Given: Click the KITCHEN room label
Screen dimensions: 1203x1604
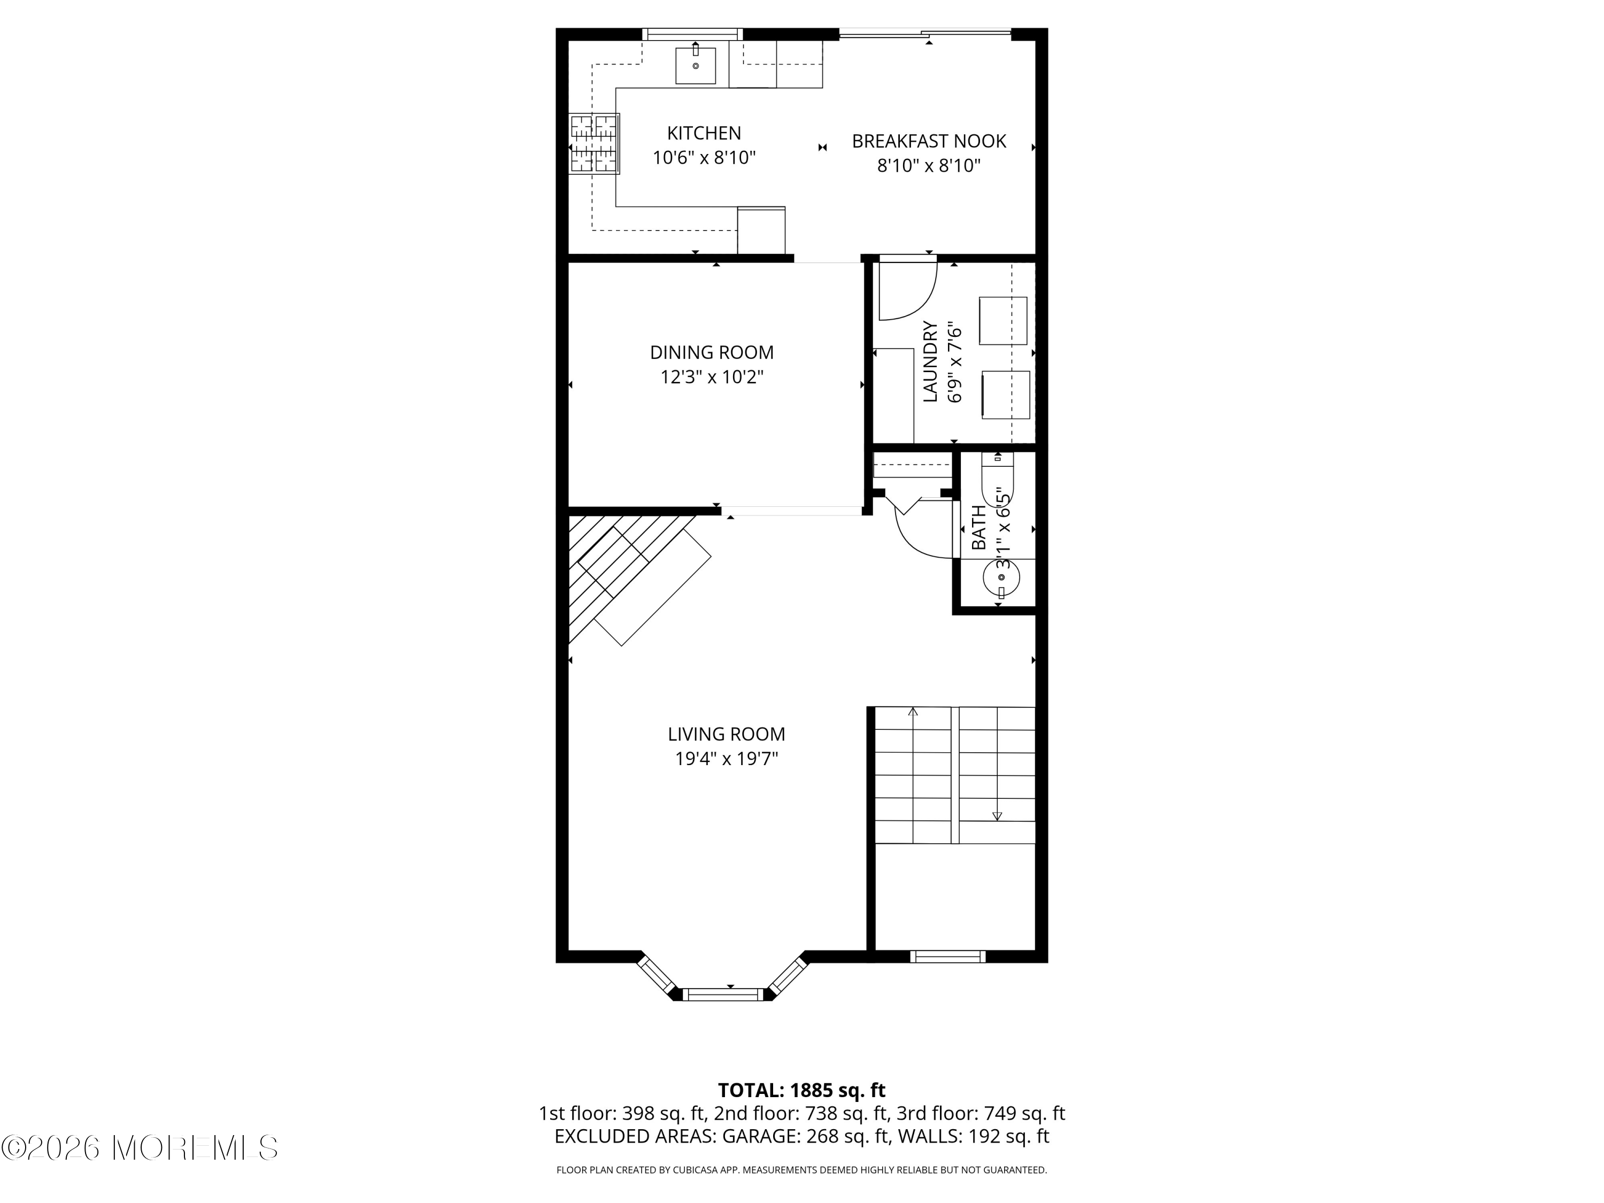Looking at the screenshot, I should [x=704, y=134].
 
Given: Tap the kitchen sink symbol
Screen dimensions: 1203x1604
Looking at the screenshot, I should [x=696, y=66].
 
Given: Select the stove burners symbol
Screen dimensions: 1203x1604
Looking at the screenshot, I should [x=594, y=144].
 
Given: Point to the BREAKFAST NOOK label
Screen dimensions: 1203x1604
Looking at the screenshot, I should [x=928, y=141].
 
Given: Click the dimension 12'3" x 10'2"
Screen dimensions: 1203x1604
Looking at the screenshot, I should [x=711, y=377].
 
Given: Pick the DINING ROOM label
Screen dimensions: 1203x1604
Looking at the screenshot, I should [x=711, y=352].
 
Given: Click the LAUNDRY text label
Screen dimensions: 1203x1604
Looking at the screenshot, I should [x=930, y=361].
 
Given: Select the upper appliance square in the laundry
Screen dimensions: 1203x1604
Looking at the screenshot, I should [x=1003, y=320].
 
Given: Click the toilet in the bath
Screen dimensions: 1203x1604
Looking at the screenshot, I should [x=998, y=479].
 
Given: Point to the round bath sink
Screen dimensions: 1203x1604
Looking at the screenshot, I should [x=1001, y=578].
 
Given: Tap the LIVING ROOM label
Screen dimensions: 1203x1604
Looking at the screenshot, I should [x=726, y=734].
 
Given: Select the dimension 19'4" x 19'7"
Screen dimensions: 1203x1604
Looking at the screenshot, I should [x=726, y=759].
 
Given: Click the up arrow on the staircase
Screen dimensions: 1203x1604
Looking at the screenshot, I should [x=913, y=713].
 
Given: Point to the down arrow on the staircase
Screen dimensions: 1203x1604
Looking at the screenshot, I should [x=997, y=816].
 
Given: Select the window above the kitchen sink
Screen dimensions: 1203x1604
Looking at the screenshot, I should [x=692, y=33].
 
